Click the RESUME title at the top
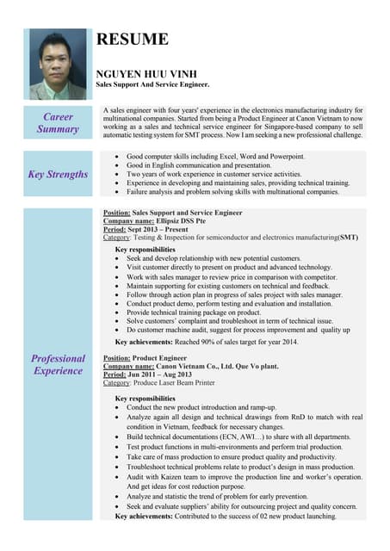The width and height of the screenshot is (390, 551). coord(132,39)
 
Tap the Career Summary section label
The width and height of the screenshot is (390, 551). coord(58,122)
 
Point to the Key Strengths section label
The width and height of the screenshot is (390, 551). coord(58,174)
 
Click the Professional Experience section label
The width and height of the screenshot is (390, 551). coord(58,364)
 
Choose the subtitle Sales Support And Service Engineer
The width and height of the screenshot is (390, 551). coord(152,85)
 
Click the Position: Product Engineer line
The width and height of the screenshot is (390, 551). coord(145,357)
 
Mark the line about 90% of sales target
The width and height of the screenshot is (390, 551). coord(206,341)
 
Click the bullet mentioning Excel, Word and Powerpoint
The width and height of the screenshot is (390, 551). coord(215,157)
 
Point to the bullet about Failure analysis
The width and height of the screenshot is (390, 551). coord(232,192)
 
